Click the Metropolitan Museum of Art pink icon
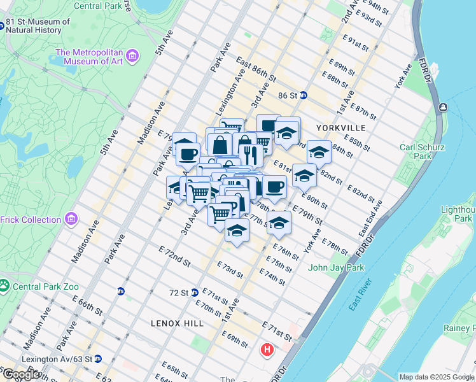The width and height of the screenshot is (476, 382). (133, 57)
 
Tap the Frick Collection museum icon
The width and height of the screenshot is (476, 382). (71, 220)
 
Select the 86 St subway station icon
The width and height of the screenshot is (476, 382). (304, 95)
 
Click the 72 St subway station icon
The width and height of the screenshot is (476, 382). (195, 293)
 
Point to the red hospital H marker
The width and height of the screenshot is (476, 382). (267, 350)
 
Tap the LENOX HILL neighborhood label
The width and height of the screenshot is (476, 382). (178, 323)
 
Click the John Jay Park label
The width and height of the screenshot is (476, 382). (336, 268)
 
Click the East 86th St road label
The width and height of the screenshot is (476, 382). (255, 70)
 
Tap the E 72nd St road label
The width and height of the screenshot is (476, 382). (174, 255)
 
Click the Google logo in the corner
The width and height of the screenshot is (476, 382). (20, 374)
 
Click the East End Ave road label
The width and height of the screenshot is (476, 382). (370, 218)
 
